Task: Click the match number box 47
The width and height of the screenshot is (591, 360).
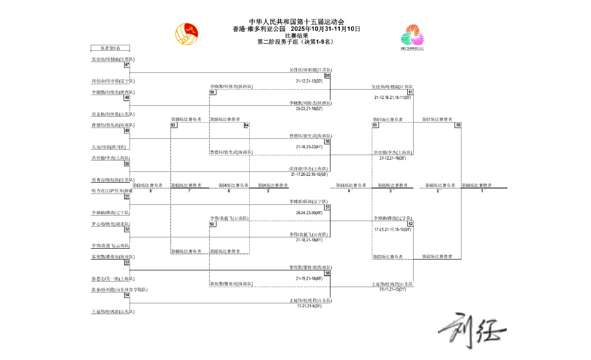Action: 127,65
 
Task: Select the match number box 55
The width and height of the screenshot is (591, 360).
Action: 328,75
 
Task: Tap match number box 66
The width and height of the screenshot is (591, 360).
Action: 458,125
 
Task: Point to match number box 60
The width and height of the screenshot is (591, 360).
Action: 212,224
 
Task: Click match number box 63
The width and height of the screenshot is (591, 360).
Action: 173,125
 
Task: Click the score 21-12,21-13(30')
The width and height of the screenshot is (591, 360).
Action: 309,81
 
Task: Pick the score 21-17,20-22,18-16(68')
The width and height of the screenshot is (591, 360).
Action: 309,174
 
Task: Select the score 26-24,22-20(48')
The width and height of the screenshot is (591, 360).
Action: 309,213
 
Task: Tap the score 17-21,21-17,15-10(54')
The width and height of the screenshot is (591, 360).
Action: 393,229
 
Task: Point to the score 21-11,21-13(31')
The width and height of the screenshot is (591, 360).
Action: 393,290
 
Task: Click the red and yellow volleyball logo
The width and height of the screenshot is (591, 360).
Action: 187,33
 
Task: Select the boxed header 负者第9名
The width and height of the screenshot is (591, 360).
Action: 110,48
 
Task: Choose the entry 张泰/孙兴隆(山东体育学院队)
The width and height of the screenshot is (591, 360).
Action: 119,290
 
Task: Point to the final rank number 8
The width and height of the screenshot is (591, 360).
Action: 151,191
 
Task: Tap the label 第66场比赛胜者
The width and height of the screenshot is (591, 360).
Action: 477,186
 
